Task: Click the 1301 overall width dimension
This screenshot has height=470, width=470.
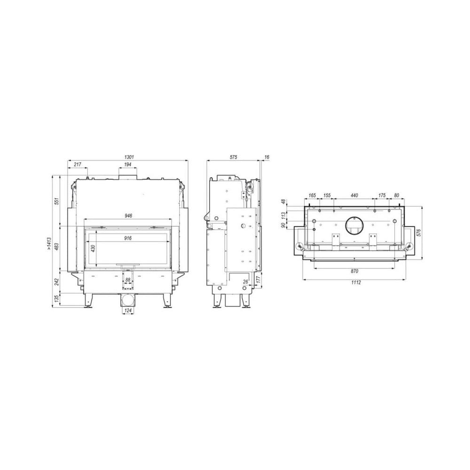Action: pyautogui.click(x=129, y=157)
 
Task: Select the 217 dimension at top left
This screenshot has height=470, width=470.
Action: pyautogui.click(x=78, y=164)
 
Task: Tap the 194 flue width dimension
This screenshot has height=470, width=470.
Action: pyautogui.click(x=128, y=164)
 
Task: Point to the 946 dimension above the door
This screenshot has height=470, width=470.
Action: pyautogui.click(x=128, y=216)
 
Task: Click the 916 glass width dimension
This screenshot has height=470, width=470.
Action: pyautogui.click(x=128, y=238)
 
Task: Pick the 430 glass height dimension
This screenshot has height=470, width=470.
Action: pyautogui.click(x=93, y=248)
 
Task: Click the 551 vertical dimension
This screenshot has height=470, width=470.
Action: pyautogui.click(x=57, y=201)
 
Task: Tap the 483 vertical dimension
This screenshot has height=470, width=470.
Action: pyautogui.click(x=57, y=246)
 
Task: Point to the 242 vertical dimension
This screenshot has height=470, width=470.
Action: pyautogui.click(x=57, y=282)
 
